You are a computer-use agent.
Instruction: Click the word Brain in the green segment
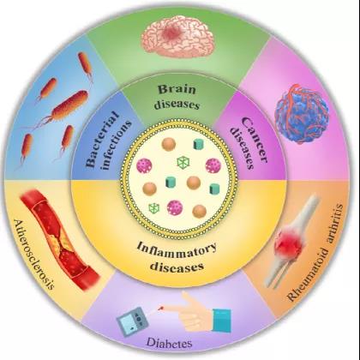177,89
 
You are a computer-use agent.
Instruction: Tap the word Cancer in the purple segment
255,140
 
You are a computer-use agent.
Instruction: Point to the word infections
117,145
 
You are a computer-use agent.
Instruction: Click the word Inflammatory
177,250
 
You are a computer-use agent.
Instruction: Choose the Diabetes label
169,343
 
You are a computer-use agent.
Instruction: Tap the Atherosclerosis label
33,255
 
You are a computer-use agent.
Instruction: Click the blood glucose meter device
133,321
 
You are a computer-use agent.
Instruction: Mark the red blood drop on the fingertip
161,309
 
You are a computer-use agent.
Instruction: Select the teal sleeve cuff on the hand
221,320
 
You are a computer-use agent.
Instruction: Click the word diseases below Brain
177,104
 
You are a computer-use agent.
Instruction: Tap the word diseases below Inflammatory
177,267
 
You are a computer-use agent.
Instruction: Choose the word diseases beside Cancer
243,147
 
